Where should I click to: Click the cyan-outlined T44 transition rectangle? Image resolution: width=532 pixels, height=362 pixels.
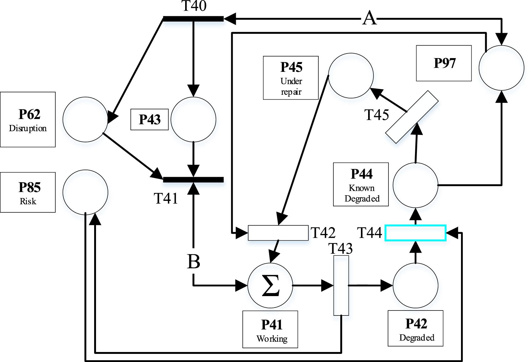click(x=415, y=233)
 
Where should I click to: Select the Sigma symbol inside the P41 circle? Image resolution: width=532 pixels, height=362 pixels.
click(x=271, y=285)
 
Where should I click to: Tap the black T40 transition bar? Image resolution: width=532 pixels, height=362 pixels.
click(x=193, y=19)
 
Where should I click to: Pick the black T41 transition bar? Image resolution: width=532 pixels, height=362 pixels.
click(x=193, y=180)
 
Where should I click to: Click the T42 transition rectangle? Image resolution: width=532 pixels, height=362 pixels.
click(x=278, y=233)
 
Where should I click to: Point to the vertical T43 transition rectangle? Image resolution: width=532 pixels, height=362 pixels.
click(x=341, y=285)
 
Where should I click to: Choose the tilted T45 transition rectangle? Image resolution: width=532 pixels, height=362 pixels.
click(x=412, y=117)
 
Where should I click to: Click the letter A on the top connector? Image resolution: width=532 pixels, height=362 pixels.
click(x=369, y=18)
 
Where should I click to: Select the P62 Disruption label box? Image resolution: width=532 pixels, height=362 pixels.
click(x=28, y=120)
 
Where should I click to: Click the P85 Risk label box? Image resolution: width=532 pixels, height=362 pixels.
click(x=28, y=192)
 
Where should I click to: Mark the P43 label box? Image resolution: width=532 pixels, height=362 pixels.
click(x=149, y=119)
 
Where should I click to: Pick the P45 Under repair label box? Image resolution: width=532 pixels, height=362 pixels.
click(x=291, y=78)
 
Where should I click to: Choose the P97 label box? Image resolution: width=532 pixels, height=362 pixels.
click(x=444, y=63)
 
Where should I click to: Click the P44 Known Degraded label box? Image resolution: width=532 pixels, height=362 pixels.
click(x=361, y=184)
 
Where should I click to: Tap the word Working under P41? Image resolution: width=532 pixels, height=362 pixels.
click(x=272, y=339)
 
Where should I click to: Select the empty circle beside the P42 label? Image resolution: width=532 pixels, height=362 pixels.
click(x=415, y=285)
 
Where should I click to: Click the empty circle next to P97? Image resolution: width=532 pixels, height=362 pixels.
click(x=501, y=68)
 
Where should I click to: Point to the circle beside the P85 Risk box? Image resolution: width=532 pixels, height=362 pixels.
click(x=85, y=192)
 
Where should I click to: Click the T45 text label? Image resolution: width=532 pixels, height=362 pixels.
click(x=377, y=115)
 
